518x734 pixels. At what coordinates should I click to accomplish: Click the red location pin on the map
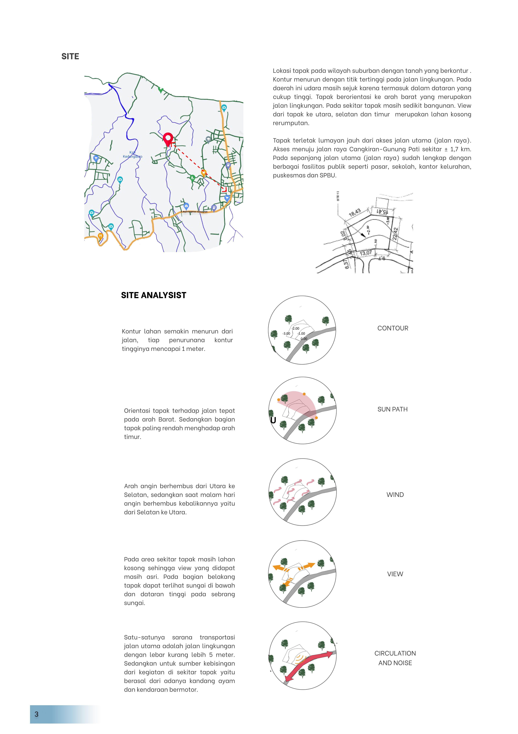pyautogui.click(x=168, y=139)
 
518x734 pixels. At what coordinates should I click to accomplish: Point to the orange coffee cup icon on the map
pyautogui.click(x=203, y=173)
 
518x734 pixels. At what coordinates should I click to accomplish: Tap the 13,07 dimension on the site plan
pyautogui.click(x=366, y=253)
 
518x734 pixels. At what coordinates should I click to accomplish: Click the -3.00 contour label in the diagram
pyautogui.click(x=286, y=333)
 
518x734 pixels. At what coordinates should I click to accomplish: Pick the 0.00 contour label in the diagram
pyautogui.click(x=304, y=339)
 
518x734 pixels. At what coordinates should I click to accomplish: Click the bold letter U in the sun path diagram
pyautogui.click(x=273, y=420)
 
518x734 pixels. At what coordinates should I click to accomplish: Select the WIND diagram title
pyautogui.click(x=395, y=495)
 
